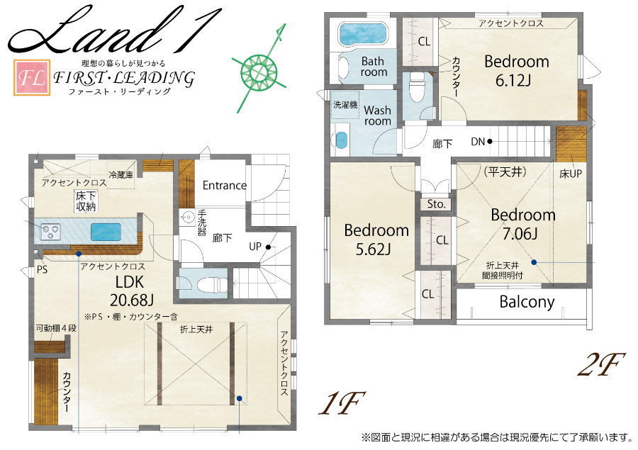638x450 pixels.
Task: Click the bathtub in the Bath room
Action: pos(364,34)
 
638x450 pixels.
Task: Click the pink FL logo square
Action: pos(32,77)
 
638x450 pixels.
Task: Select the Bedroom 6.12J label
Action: pos(516,71)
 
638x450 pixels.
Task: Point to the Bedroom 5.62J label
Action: pos(376,240)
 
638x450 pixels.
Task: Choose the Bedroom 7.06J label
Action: pos(523,224)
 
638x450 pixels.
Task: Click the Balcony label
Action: pos(527,302)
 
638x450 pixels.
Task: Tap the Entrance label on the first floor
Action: pos(225,186)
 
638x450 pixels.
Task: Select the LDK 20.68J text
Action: pos(132,291)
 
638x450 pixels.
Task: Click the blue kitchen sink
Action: pos(106,232)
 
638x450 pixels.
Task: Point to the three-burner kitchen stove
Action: pos(50,232)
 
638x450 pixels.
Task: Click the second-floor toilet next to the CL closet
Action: pos(416,87)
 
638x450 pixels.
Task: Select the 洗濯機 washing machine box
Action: pos(345,105)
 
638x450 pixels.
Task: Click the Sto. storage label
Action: pos(436,204)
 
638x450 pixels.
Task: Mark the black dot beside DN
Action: pos(490,142)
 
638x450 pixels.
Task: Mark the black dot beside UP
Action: pos(268,247)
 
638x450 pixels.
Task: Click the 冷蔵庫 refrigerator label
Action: pos(121,174)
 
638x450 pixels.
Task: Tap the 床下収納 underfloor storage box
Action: pos(86,201)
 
